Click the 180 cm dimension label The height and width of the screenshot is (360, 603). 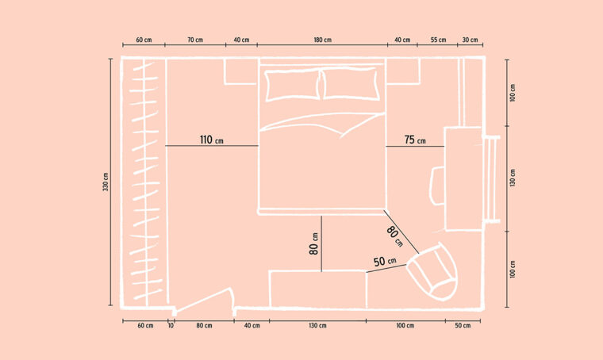pos(322,40)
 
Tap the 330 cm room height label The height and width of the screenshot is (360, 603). pos(106,182)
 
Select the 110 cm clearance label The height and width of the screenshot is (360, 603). pos(212,140)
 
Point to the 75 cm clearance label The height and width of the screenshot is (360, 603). pos(415,140)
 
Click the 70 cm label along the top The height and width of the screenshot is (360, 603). pos(195,40)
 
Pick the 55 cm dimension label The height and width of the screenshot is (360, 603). pos(439,40)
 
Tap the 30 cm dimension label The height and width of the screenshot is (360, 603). pos(470,40)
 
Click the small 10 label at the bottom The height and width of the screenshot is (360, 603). pos(171,326)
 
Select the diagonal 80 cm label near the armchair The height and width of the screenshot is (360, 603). pos(395,236)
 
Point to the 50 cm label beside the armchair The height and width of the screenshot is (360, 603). pos(385,261)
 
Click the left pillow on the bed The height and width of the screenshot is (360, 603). pos(292,86)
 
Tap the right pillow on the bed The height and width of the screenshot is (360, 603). pos(350,84)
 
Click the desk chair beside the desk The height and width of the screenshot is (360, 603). pos(437,186)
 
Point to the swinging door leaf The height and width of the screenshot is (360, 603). pos(204,300)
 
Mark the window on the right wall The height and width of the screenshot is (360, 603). pos(490,179)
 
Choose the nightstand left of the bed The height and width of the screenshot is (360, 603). pos(240,71)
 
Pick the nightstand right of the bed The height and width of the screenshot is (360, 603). pos(403,71)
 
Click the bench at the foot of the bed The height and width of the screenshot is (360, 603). pos(317,289)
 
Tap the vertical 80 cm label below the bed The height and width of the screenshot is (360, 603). pos(314,244)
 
